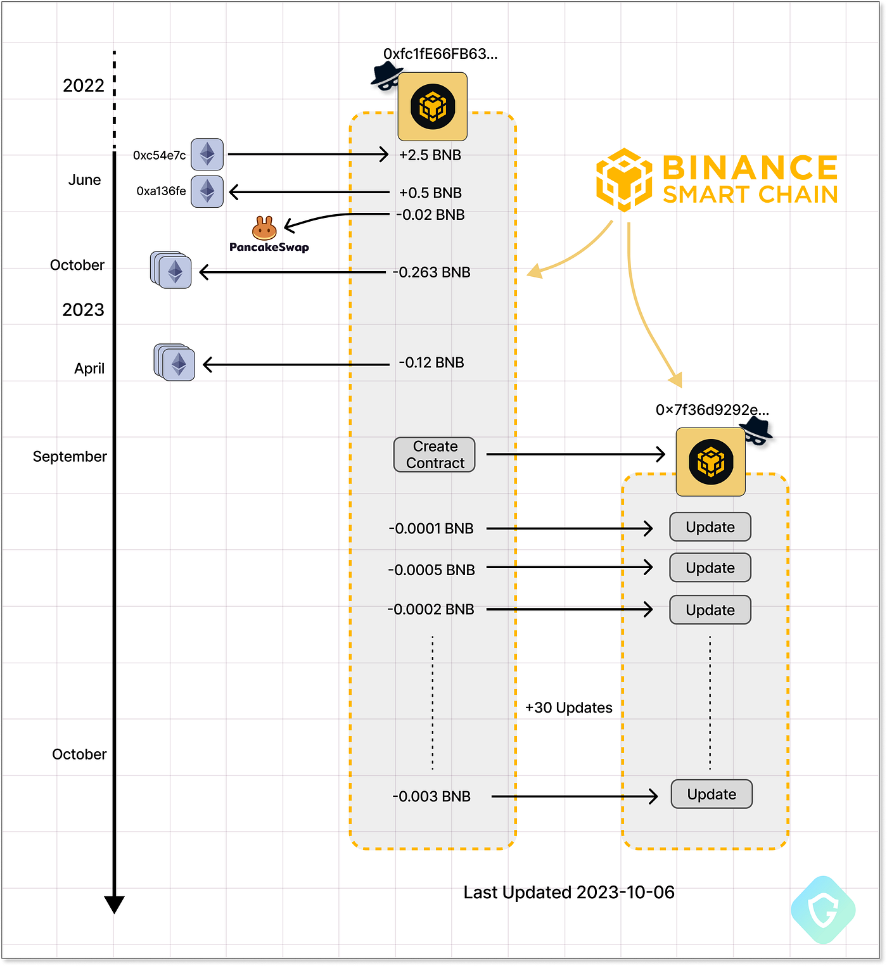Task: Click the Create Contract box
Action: click(x=435, y=455)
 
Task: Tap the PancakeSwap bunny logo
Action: click(x=264, y=228)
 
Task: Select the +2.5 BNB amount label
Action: click(x=430, y=155)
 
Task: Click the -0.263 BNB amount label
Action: click(x=431, y=272)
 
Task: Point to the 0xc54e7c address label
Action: click(x=160, y=155)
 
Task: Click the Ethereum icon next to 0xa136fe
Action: click(x=207, y=191)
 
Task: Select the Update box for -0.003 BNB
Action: click(x=712, y=794)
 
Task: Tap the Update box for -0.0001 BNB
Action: click(x=710, y=527)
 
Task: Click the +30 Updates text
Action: click(x=569, y=708)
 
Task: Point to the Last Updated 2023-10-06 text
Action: click(x=569, y=893)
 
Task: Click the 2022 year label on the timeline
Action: click(x=84, y=86)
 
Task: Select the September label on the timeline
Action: click(x=70, y=457)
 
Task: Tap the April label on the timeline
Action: click(x=89, y=369)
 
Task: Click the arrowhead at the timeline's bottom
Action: click(x=114, y=904)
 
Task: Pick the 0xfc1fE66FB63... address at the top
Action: click(x=440, y=54)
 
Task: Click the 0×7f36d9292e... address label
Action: click(x=712, y=410)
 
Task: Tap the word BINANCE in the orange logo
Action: click(x=750, y=168)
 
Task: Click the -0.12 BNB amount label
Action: click(x=431, y=363)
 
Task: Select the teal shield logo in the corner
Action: click(x=823, y=910)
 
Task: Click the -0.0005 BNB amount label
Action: click(x=431, y=570)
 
